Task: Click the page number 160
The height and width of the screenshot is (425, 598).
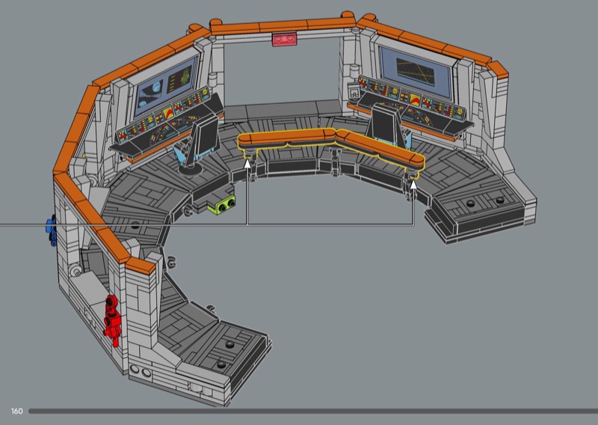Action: pyautogui.click(x=16, y=411)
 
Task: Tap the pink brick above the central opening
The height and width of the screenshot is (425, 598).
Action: pyautogui.click(x=284, y=39)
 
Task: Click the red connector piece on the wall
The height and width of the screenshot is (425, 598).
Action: pyautogui.click(x=112, y=320)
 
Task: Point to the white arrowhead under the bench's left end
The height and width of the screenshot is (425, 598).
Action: pyautogui.click(x=247, y=164)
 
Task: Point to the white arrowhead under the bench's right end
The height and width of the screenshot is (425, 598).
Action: pyautogui.click(x=413, y=185)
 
